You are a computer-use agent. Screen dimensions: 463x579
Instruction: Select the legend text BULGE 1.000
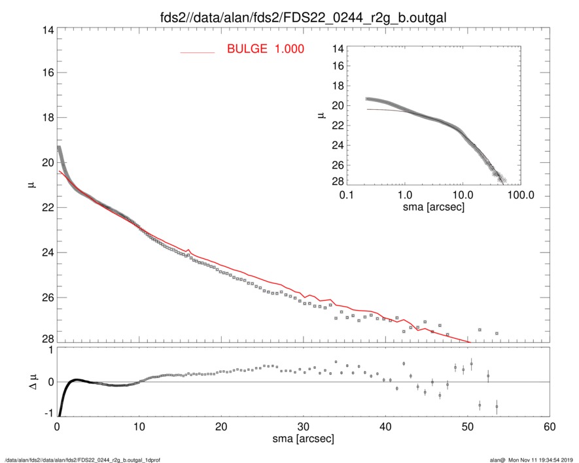(x=265, y=50)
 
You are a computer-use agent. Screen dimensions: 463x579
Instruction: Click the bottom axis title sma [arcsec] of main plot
(x=303, y=439)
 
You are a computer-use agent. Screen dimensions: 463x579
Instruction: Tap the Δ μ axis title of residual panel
(x=34, y=381)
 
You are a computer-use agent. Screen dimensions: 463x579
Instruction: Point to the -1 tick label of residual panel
(x=47, y=413)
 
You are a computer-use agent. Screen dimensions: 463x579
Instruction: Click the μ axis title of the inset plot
(x=321, y=114)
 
